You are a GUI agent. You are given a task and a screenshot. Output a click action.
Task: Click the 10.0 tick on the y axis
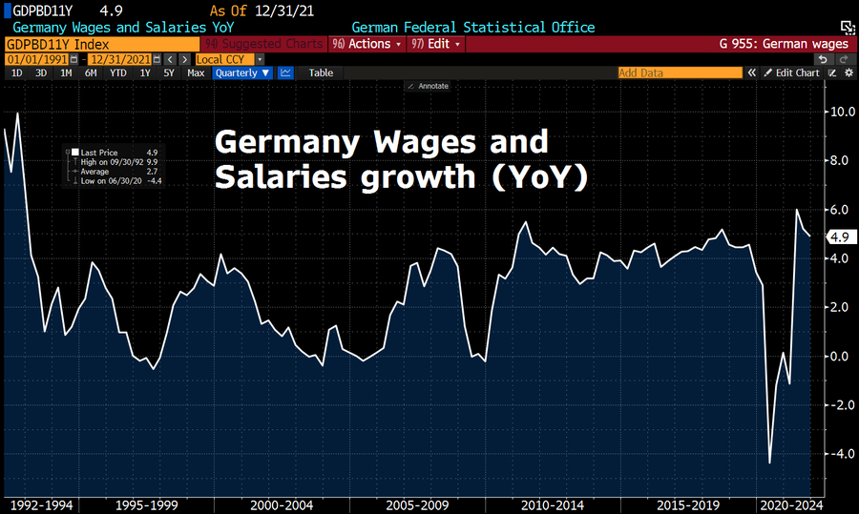841,112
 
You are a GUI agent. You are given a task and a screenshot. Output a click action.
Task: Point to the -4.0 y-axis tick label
840,454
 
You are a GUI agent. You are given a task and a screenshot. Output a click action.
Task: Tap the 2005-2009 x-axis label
417,504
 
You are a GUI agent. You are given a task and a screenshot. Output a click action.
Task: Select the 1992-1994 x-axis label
39,504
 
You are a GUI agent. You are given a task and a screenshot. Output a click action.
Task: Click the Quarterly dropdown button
242,72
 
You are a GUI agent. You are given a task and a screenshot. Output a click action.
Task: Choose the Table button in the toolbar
321,72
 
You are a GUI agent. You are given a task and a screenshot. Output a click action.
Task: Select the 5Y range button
169,72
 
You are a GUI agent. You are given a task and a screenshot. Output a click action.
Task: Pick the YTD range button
117,72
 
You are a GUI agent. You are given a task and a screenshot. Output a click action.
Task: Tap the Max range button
196,72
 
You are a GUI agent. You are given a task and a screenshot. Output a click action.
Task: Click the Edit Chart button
791,72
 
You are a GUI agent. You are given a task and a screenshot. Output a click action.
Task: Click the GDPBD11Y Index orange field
100,44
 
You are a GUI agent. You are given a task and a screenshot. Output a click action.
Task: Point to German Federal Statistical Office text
472,28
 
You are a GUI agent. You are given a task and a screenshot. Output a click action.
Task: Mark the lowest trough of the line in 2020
770,463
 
